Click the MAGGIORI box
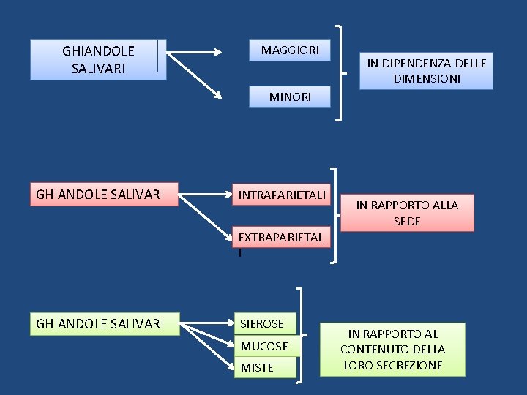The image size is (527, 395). (290, 50)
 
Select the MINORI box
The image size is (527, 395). (290, 97)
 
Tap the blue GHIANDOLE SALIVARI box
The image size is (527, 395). (98, 60)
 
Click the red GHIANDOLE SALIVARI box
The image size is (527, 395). (103, 195)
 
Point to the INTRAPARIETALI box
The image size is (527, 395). (282, 195)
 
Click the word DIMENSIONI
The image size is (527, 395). (426, 78)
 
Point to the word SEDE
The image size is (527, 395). (407, 220)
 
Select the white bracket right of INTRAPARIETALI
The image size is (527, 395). (335, 216)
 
